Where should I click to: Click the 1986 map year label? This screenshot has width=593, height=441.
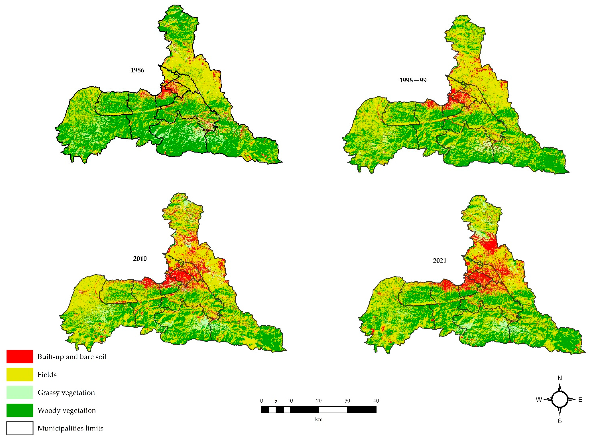(137, 70)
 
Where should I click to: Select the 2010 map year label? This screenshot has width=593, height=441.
(140, 258)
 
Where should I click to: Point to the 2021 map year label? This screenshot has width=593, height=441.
(439, 261)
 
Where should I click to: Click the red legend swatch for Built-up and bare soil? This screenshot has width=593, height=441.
(20, 357)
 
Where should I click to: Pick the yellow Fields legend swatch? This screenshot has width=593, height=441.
(20, 374)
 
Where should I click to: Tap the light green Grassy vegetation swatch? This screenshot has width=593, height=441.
(20, 392)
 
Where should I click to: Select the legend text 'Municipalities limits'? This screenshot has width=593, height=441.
(70, 428)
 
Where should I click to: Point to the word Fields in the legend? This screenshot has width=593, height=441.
(47, 375)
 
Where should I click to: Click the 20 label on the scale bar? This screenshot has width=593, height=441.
(319, 400)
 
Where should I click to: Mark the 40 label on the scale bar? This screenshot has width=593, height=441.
(376, 400)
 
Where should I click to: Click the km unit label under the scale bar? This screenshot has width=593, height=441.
(319, 419)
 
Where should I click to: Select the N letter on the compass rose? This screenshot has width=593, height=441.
(560, 378)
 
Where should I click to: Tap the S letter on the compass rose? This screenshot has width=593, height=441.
(560, 421)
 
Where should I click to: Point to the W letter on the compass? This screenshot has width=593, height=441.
(539, 400)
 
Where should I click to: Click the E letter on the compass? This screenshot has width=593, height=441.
(580, 400)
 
